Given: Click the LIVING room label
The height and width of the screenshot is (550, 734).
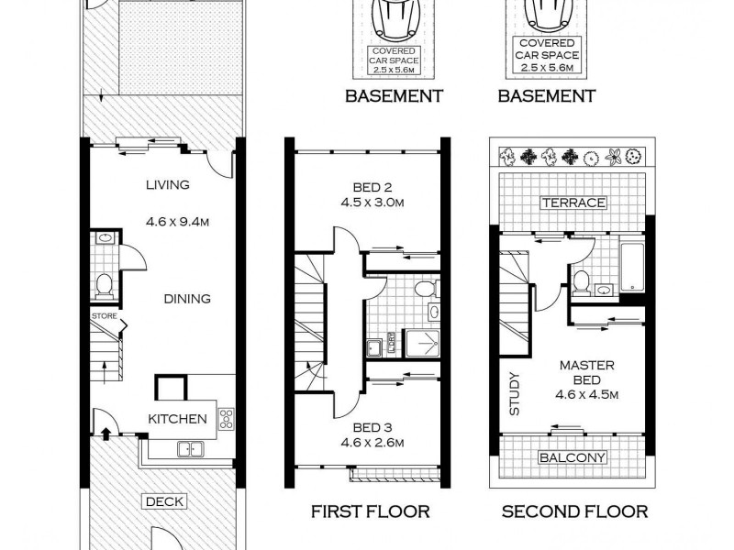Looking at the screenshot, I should point(167,184).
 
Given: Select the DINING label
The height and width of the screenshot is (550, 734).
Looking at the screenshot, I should point(187,298).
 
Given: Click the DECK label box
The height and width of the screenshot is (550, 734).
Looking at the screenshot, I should point(164,501).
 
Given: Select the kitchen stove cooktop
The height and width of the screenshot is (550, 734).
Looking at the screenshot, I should point(226,419).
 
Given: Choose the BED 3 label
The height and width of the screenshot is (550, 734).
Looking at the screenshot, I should point(372,426).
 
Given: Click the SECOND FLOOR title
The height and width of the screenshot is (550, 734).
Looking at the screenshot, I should point(574,511).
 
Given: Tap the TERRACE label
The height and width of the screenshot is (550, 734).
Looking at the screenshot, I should point(573,203).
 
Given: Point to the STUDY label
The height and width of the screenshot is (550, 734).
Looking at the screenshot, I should point(514,393).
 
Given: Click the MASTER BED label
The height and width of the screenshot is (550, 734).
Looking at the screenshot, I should point(588,372).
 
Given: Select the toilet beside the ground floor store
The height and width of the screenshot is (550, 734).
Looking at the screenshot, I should point(104,286).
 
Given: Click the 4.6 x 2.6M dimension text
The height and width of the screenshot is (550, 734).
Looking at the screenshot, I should point(372,443).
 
